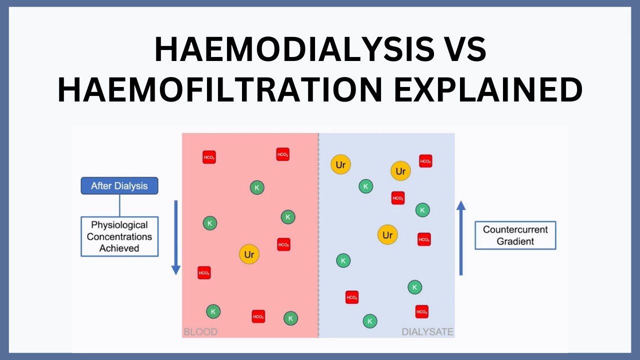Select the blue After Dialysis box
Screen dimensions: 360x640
[x=119, y=186]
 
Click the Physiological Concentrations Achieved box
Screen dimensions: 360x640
[x=119, y=236]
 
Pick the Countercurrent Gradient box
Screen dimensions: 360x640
[x=515, y=235]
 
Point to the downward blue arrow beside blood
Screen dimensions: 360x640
[x=176, y=237]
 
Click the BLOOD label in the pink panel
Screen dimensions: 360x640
[x=200, y=331]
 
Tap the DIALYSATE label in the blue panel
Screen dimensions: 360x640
[x=427, y=331]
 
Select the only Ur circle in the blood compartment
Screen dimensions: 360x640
[x=249, y=254]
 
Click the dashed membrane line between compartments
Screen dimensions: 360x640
[x=318, y=235]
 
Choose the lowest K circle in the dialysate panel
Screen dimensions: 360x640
[x=369, y=321]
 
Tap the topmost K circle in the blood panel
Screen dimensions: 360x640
[x=257, y=187]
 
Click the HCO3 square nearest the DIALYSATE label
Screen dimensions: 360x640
[x=421, y=311]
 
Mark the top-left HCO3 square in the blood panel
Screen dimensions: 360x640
[x=209, y=157]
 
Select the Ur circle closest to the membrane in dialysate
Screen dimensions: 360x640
[x=340, y=164]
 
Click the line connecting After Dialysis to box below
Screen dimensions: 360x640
[x=119, y=205]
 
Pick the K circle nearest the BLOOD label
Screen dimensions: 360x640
[x=213, y=311]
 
